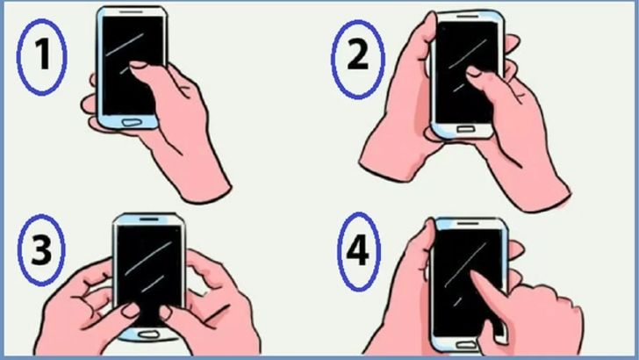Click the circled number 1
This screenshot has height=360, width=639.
click(41, 57)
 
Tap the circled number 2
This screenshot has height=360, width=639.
click(357, 60)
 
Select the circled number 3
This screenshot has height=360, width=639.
click(41, 250)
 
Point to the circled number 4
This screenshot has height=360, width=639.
click(358, 251)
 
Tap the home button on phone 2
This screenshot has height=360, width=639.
click(465, 129)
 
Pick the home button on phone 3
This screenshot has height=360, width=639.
click(148, 335)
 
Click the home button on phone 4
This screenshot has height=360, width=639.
click(467, 345)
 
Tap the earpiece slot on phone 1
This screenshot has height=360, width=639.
click(132, 11)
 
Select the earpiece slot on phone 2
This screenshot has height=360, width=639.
click(467, 17)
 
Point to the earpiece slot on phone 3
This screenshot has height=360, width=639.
click(148, 220)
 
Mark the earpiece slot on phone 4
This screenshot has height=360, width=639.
click(467, 223)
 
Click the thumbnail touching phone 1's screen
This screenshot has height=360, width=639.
click(138, 65)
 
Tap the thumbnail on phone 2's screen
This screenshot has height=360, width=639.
click(473, 71)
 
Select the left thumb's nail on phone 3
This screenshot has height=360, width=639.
click(131, 310)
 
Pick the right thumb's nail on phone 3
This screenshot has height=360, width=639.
click(165, 313)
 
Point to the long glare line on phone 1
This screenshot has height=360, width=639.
click(125, 45)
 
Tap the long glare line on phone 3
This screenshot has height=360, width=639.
click(148, 258)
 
